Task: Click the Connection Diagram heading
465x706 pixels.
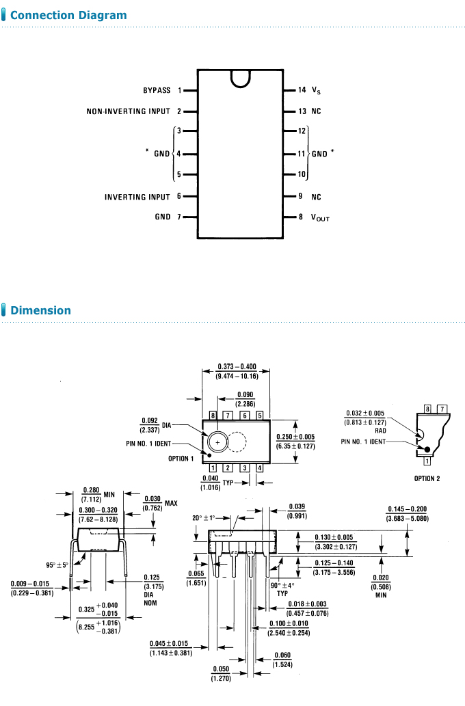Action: pyautogui.click(x=68, y=15)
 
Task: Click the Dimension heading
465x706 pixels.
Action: pyautogui.click(x=40, y=310)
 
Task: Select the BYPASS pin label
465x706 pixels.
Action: pyautogui.click(x=157, y=90)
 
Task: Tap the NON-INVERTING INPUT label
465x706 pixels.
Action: pyautogui.click(x=129, y=111)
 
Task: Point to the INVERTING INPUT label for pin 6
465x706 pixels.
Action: pyautogui.click(x=137, y=197)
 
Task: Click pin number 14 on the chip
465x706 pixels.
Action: pyautogui.click(x=302, y=90)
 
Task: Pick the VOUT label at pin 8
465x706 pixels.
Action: pyautogui.click(x=320, y=218)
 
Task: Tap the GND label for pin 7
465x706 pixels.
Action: pyautogui.click(x=162, y=217)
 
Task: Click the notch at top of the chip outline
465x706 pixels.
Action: pyautogui.click(x=240, y=78)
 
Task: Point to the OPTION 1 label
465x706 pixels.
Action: pyautogui.click(x=181, y=459)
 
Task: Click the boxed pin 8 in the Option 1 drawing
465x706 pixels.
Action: pyautogui.click(x=213, y=416)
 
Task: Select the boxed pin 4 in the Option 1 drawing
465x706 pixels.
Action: pyautogui.click(x=260, y=468)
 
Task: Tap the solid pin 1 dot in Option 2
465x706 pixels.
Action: pyautogui.click(x=428, y=449)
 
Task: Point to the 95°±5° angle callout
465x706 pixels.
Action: pyautogui.click(x=57, y=565)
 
